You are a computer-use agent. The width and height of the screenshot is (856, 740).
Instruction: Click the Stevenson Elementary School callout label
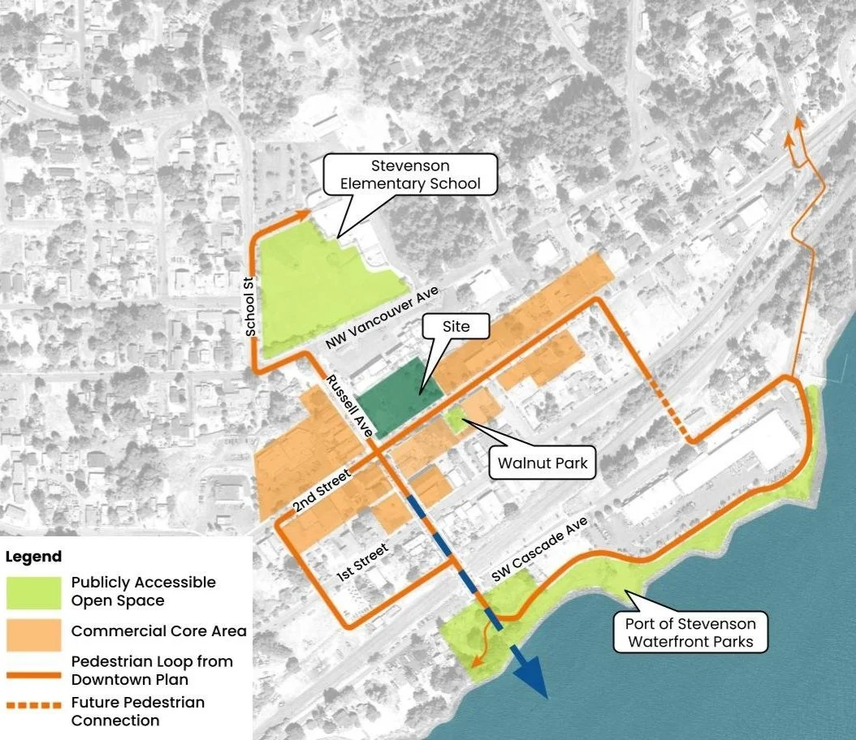[410, 174]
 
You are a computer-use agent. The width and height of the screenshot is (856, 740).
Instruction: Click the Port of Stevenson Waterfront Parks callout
[690, 633]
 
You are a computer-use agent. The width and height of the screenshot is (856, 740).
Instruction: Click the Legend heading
[33, 557]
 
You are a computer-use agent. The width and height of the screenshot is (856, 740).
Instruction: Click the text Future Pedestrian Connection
[138, 711]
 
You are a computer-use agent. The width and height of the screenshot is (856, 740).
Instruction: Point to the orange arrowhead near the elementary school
[304, 213]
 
